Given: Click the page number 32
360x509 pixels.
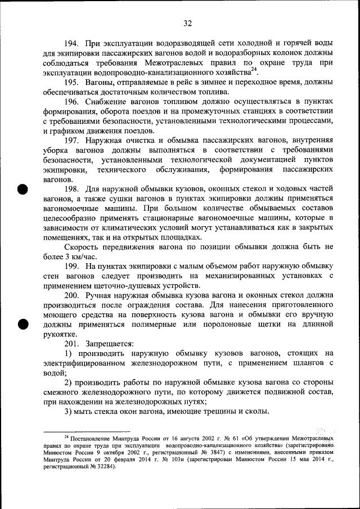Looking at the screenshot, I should pyautogui.click(x=188, y=23).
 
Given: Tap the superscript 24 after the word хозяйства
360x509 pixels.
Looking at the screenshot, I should pyautogui.click(x=254, y=70).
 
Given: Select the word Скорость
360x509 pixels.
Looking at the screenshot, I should pyautogui.click(x=83, y=246).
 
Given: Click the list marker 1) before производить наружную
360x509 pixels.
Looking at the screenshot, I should pyautogui.click(x=68, y=353).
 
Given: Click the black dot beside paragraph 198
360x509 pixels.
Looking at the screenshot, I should pyautogui.click(x=22, y=189).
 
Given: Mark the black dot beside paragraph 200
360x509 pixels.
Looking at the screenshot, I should pyautogui.click(x=22, y=323).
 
